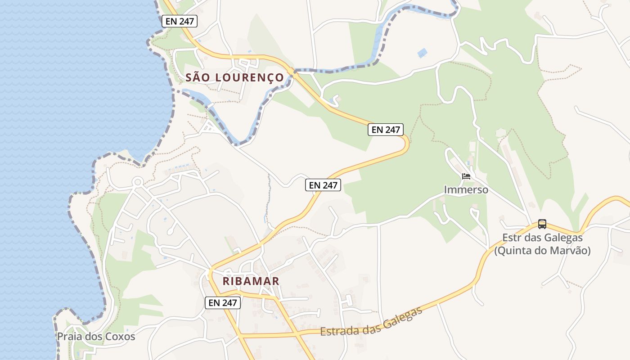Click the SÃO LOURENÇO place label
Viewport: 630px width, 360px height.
point(235,77)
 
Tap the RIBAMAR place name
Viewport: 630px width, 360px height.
point(251,281)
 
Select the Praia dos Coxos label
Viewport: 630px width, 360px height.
point(96,337)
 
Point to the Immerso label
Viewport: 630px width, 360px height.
point(466,190)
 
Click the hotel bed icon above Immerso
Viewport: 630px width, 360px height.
point(466,176)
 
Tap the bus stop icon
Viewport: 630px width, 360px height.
point(542,224)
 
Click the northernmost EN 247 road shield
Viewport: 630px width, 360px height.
point(180,21)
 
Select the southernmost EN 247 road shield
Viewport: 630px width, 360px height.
point(223,303)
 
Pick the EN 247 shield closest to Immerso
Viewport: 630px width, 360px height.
point(386,130)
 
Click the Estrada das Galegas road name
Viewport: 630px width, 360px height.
point(372,322)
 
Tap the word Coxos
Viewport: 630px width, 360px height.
point(120,337)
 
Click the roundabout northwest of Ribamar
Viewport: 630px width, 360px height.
point(138,182)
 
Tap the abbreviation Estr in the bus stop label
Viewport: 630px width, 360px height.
point(512,238)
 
